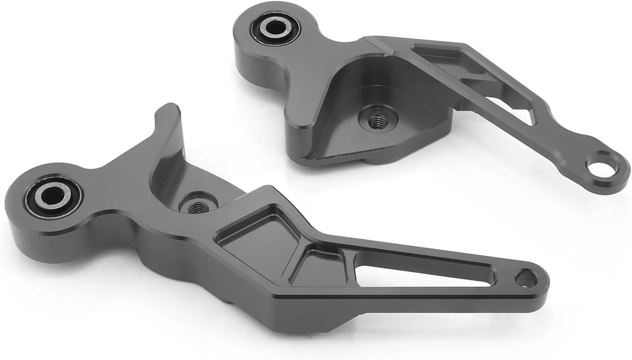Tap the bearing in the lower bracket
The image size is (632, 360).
[54, 197]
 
